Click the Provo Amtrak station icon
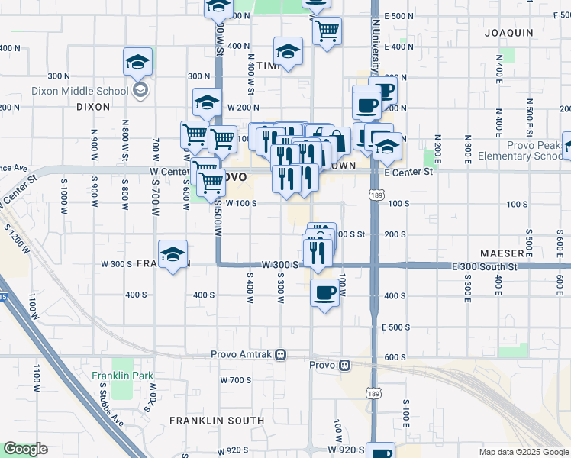pyautogui.click(x=281, y=354)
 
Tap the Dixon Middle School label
pyautogui.click(x=79, y=91)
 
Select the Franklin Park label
pyautogui.click(x=122, y=376)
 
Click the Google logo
pyautogui.click(x=25, y=449)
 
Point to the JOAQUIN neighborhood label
pyautogui.click(x=508, y=33)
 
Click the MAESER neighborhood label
pyautogui.click(x=502, y=252)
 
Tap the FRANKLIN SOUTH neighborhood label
pyautogui.click(x=217, y=420)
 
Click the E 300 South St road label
pyautogui.click(x=485, y=266)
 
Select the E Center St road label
pyautogui.click(x=408, y=173)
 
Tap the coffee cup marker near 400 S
pyautogui.click(x=325, y=292)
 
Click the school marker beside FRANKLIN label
pyautogui.click(x=173, y=255)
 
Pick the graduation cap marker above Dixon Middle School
pyautogui.click(x=138, y=62)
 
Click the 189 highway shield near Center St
pyautogui.click(x=374, y=195)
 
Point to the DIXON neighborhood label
pyautogui.click(x=94, y=108)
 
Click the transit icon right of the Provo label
pyautogui.click(x=345, y=365)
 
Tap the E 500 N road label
pyautogui.click(x=398, y=16)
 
